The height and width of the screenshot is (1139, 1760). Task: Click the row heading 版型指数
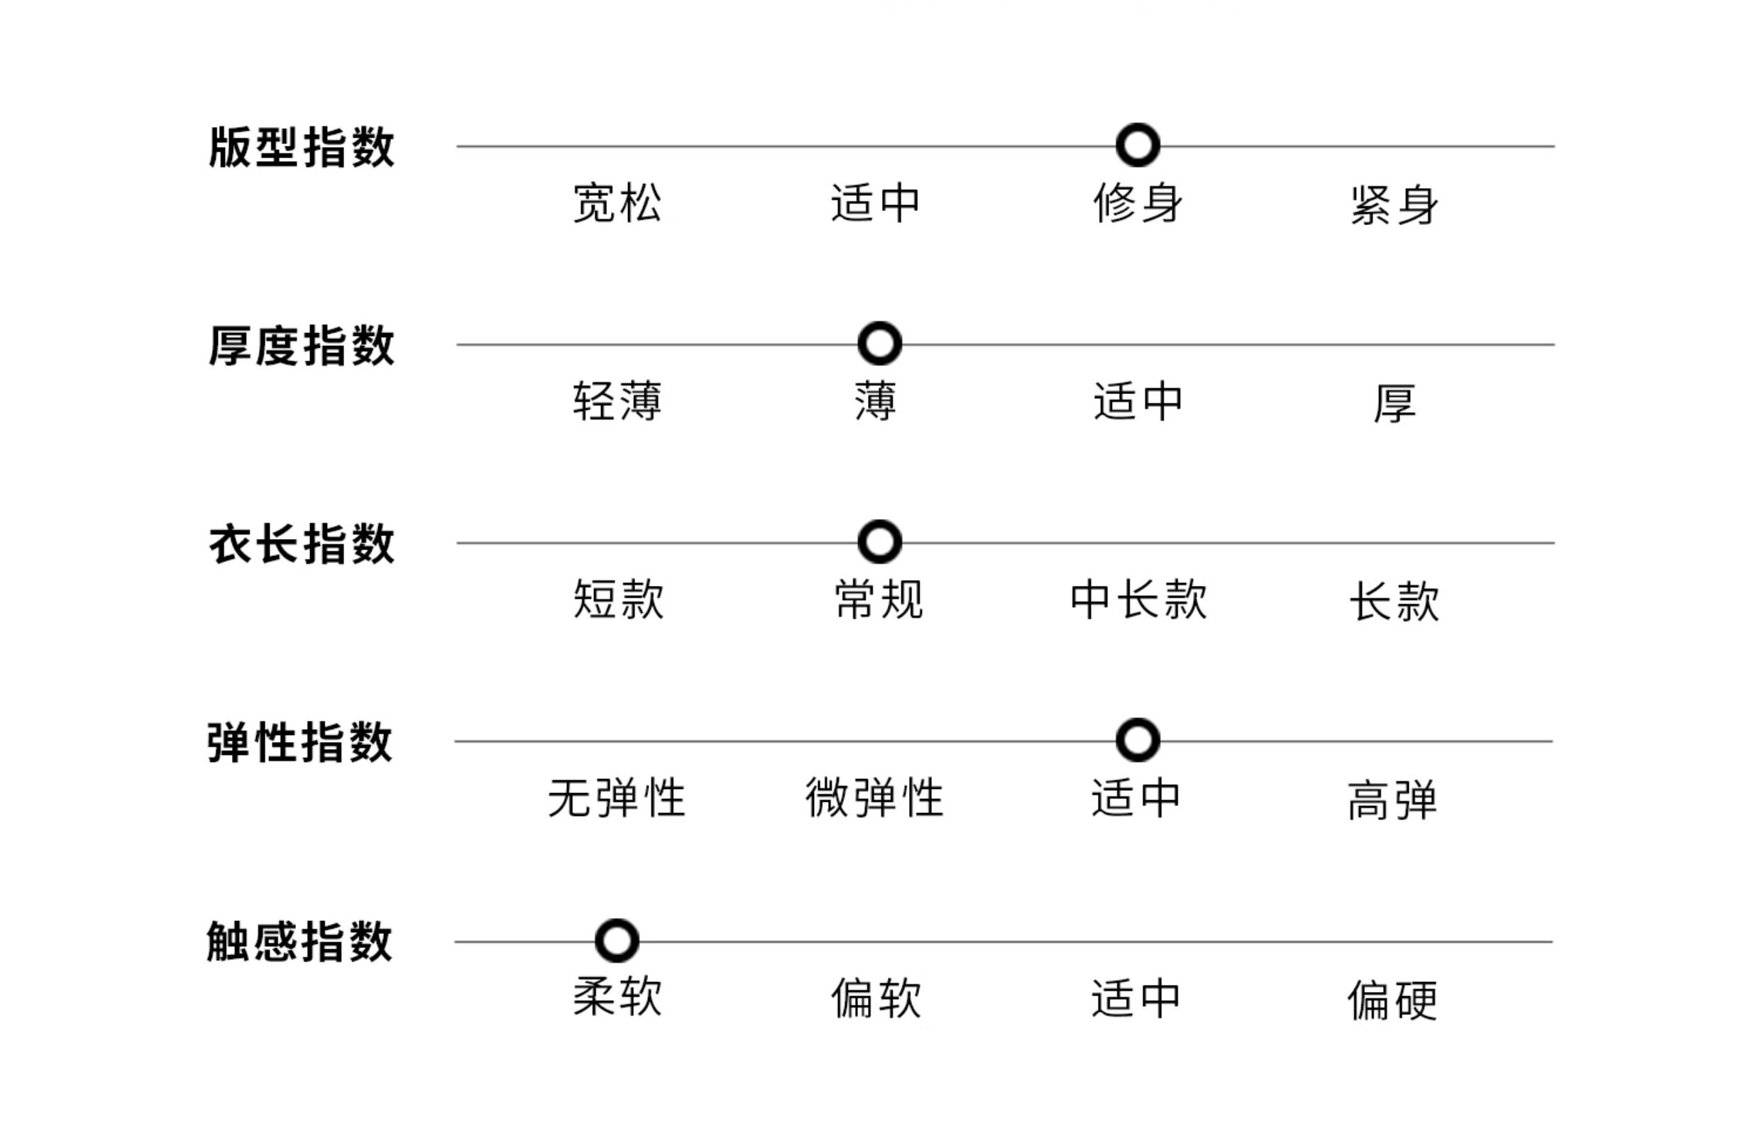click(302, 146)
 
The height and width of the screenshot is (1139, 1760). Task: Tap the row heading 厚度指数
click(302, 344)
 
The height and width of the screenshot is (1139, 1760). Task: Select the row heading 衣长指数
click(302, 544)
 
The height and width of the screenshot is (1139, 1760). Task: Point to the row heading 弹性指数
click(299, 742)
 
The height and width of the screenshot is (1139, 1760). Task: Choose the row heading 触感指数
click(299, 942)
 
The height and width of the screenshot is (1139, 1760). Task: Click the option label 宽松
click(617, 202)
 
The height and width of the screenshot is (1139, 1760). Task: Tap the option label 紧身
click(1394, 204)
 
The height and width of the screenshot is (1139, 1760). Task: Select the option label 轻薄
click(617, 401)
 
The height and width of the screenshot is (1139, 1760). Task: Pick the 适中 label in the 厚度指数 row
click(1138, 401)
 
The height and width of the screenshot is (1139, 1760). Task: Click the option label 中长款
click(1138, 599)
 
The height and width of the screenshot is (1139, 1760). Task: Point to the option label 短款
click(618, 599)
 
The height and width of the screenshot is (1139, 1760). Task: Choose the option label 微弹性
click(874, 797)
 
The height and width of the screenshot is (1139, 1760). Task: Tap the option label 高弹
click(1392, 800)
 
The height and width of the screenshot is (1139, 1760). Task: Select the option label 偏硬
click(1392, 999)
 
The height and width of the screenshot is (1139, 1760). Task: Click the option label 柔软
click(617, 996)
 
